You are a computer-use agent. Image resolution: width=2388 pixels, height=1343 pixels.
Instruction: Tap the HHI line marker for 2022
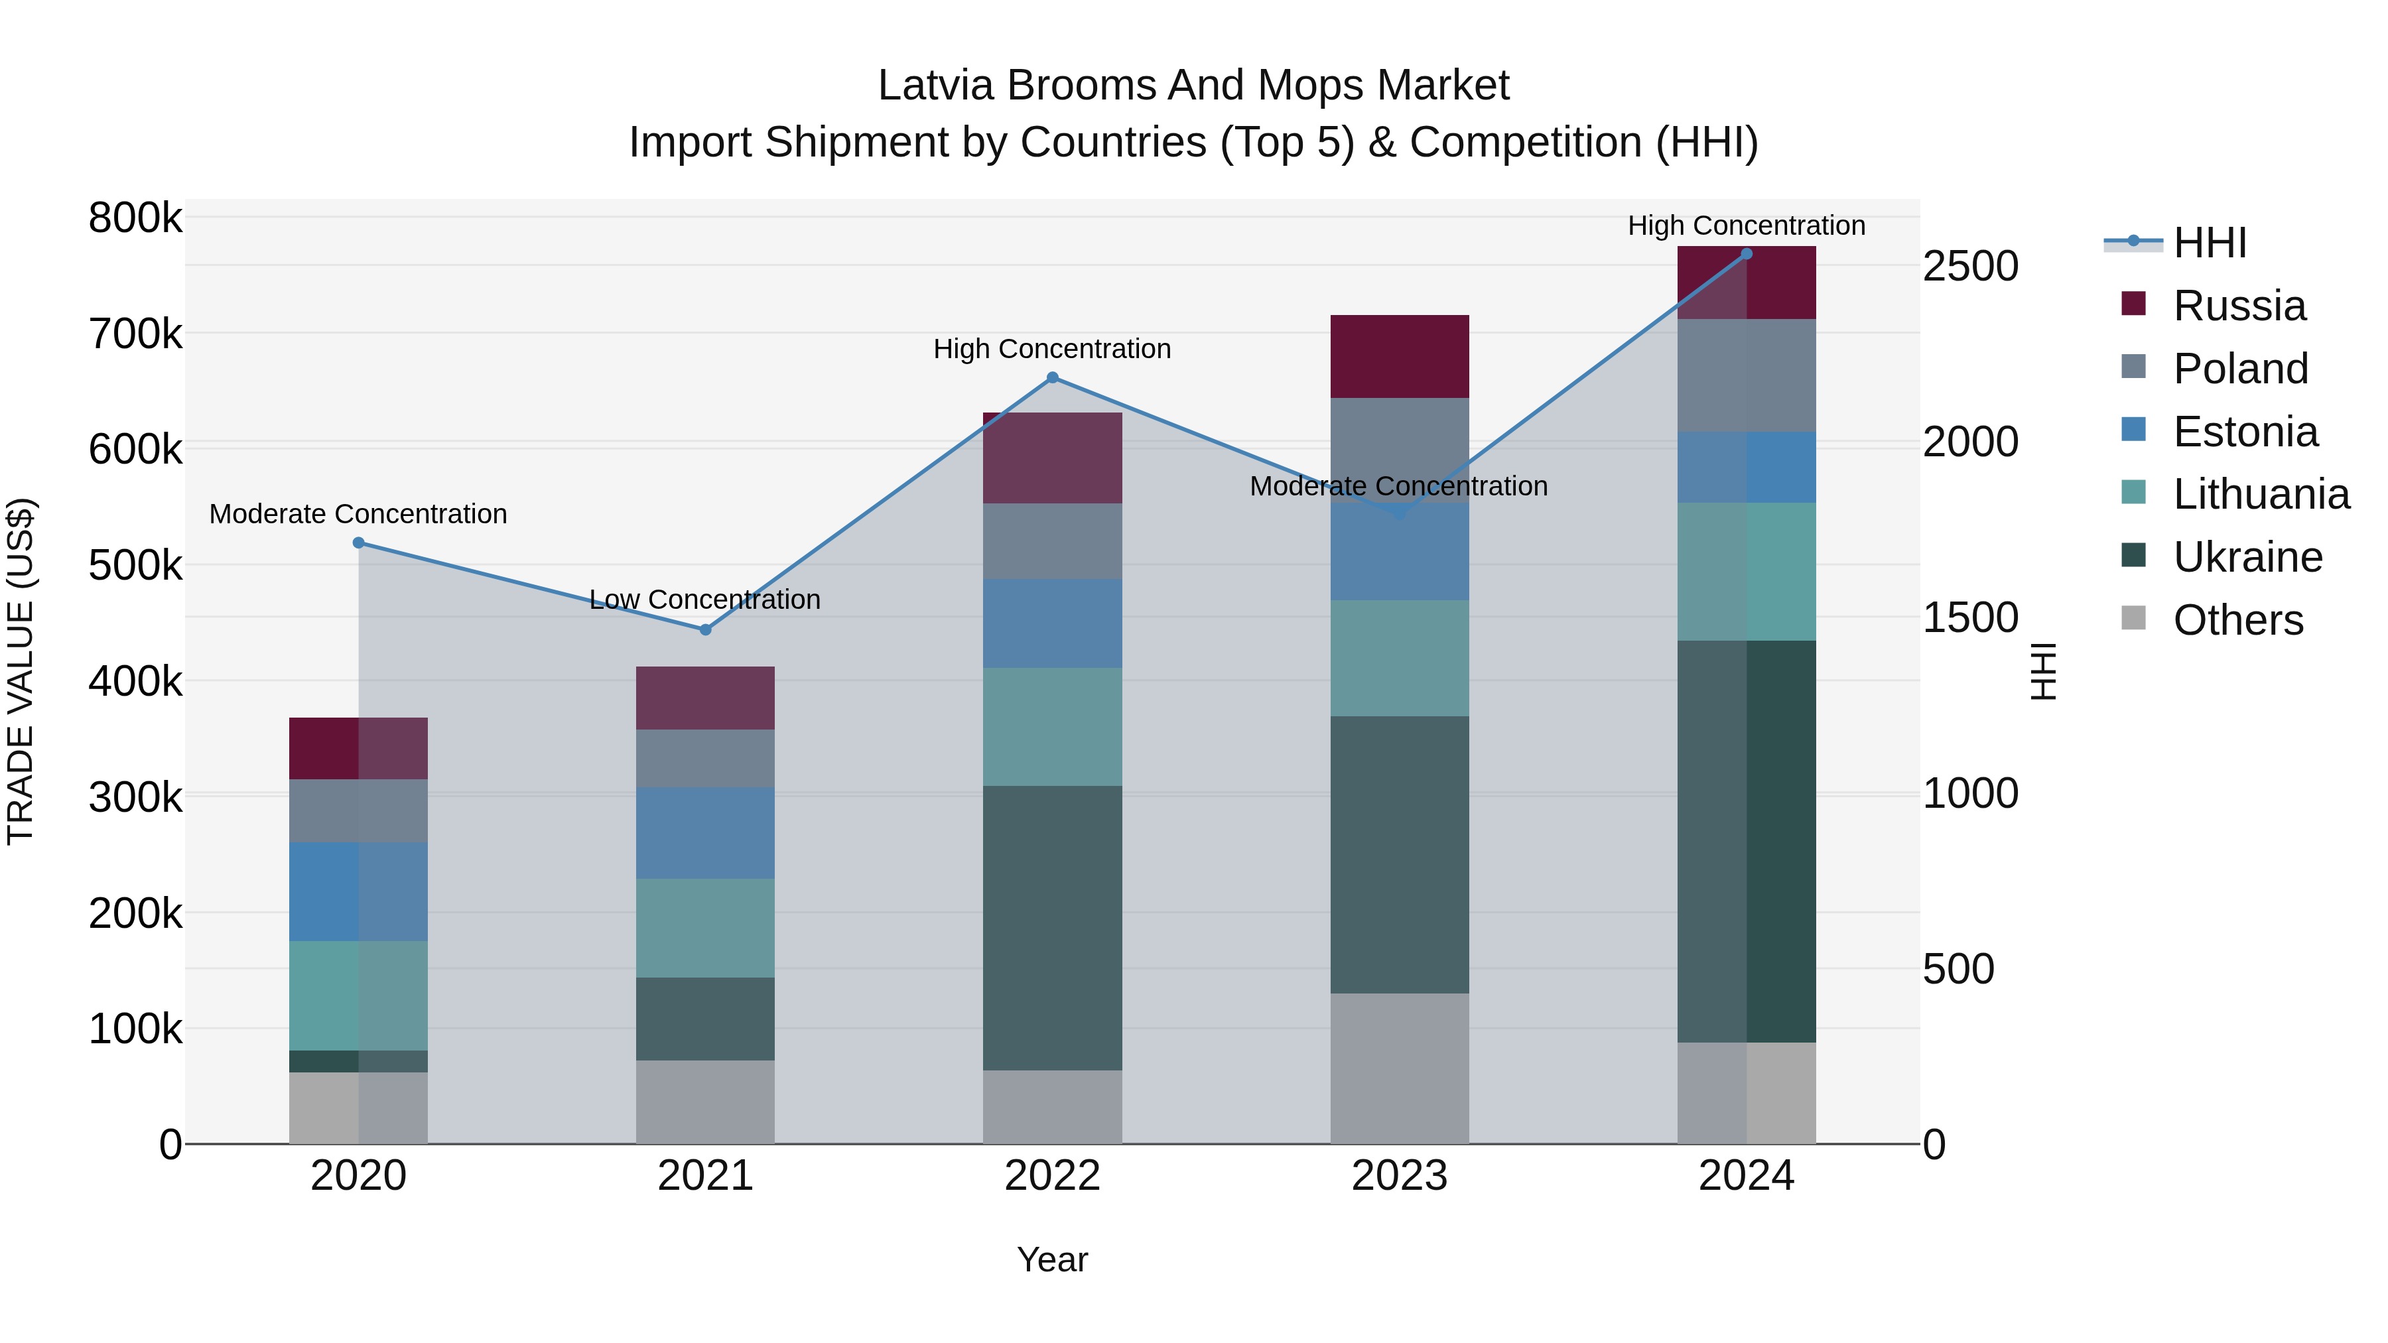[x=1052, y=377]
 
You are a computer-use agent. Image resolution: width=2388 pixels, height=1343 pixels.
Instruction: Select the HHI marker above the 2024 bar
[x=1747, y=253]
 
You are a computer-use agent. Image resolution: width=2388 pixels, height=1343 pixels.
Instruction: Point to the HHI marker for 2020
[x=359, y=543]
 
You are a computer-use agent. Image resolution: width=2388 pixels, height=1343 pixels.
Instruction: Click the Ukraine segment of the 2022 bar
[x=1052, y=927]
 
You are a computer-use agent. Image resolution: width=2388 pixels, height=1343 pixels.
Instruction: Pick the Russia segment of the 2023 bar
[x=1400, y=356]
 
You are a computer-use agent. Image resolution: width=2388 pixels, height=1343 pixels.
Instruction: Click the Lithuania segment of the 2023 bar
[x=1400, y=657]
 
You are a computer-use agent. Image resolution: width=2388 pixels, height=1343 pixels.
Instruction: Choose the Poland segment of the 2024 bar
[x=1747, y=375]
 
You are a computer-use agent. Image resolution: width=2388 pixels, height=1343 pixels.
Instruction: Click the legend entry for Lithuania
[x=2260, y=494]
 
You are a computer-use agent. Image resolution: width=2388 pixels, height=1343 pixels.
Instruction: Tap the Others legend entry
[x=2237, y=620]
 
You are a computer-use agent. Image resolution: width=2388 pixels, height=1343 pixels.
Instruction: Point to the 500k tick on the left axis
[x=135, y=565]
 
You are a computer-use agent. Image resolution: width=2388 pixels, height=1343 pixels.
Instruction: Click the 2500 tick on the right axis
[x=1970, y=266]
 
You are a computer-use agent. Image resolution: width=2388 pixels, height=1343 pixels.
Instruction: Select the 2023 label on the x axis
[x=1400, y=1175]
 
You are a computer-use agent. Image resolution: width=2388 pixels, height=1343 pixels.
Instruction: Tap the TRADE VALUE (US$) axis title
[x=21, y=671]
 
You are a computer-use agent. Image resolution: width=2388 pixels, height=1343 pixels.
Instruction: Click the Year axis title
[x=1052, y=1259]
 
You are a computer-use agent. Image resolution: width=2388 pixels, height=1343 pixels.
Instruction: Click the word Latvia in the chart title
[x=936, y=86]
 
